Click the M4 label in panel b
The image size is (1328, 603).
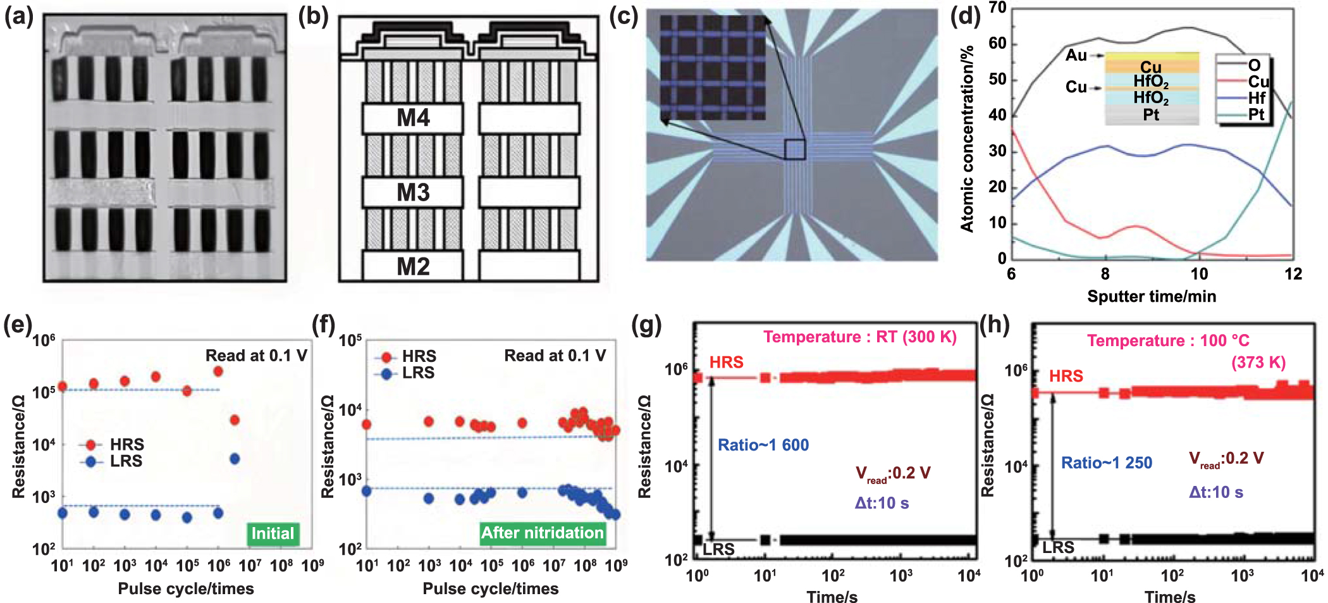tap(413, 118)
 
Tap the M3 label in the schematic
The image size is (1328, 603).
tap(413, 192)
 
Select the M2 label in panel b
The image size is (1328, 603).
tap(413, 266)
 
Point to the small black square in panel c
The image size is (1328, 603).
tap(795, 149)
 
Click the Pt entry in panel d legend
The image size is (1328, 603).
tap(1256, 115)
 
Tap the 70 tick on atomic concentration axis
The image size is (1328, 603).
tap(997, 8)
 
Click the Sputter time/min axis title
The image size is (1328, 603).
tap(1151, 296)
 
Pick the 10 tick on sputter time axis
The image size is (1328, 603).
tap(1199, 274)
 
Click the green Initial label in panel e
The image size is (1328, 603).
tap(273, 533)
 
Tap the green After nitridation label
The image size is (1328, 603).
tap(542, 533)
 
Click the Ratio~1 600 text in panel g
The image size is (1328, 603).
tap(763, 445)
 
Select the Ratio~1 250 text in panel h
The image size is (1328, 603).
tap(1106, 463)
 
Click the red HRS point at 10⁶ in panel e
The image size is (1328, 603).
tap(218, 371)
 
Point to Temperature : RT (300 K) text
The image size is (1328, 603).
tap(859, 337)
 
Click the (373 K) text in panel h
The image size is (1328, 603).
tap(1258, 363)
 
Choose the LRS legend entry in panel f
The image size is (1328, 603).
tap(417, 373)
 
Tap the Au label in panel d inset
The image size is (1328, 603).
tap(1076, 56)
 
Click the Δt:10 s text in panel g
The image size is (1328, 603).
tap(882, 503)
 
